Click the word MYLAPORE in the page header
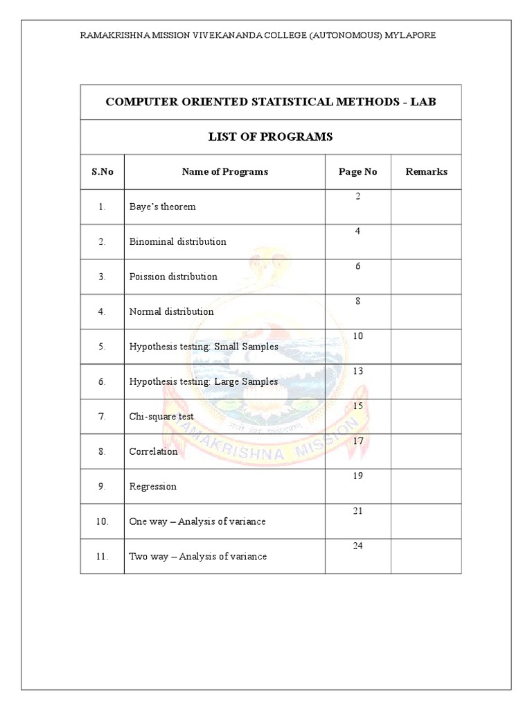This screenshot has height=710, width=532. [x=411, y=35]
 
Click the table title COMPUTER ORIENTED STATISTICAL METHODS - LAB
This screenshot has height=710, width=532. [x=271, y=102]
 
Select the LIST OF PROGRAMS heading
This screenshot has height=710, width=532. [x=271, y=137]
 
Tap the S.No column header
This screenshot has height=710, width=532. [x=102, y=171]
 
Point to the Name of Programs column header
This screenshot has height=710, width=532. [x=224, y=171]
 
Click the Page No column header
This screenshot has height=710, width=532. [x=357, y=171]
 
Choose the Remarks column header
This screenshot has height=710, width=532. [x=426, y=171]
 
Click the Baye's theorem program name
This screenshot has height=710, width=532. [x=162, y=207]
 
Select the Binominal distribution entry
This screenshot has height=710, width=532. [x=177, y=241]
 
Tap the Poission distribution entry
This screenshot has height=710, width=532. [x=173, y=277]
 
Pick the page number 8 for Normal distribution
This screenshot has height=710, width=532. [x=358, y=302]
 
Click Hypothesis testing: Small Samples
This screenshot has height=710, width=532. [x=204, y=347]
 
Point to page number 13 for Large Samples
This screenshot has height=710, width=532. [x=358, y=372]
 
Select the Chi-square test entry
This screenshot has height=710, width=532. [x=161, y=417]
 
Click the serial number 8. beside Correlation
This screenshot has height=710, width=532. [x=102, y=451]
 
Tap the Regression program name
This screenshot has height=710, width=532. [x=152, y=487]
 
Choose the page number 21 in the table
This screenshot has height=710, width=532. [x=358, y=511]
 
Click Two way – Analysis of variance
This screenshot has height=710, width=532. [x=197, y=556]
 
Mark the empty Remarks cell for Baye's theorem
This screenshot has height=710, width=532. [x=426, y=207]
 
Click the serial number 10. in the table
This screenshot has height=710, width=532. [x=103, y=521]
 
